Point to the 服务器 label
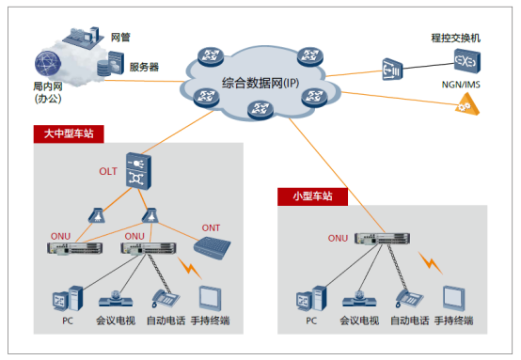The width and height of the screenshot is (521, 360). click(143, 67)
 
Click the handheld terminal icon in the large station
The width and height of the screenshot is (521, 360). click(212, 298)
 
